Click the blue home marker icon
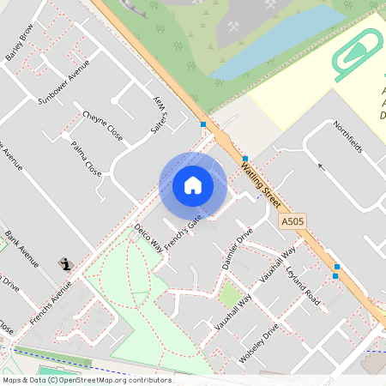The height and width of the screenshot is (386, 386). (x=193, y=185)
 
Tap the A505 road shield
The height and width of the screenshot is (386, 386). (x=293, y=221)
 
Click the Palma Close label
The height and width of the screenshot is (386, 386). (x=86, y=160)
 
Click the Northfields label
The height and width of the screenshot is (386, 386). (x=347, y=136)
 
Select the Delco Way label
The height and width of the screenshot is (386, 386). (x=148, y=238)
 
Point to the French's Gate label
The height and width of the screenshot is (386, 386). (x=183, y=232)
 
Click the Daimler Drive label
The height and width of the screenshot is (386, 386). (x=238, y=250)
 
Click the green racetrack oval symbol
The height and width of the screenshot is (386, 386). (x=358, y=53)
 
